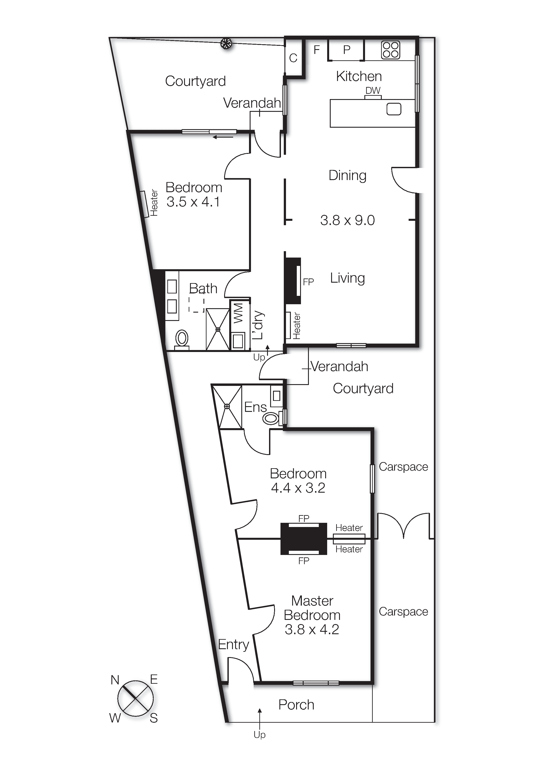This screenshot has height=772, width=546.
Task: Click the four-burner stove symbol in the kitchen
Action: pyautogui.click(x=390, y=50)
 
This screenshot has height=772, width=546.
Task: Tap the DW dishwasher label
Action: pyautogui.click(x=373, y=90)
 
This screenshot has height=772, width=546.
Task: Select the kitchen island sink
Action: pyautogui.click(x=394, y=109)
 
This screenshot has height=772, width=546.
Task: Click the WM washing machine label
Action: pyautogui.click(x=238, y=313)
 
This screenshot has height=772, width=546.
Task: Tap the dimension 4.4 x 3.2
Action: pyautogui.click(x=298, y=488)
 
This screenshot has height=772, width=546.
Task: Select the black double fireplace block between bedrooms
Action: pyautogui.click(x=304, y=539)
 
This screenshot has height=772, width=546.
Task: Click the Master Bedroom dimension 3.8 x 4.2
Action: pyautogui.click(x=312, y=629)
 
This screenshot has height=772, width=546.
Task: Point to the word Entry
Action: pyautogui.click(x=233, y=644)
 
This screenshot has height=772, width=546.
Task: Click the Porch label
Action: pyautogui.click(x=296, y=705)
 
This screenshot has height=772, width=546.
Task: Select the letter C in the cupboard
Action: pyautogui.click(x=293, y=58)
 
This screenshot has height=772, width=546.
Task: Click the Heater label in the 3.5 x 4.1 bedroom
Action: pyautogui.click(x=154, y=203)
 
